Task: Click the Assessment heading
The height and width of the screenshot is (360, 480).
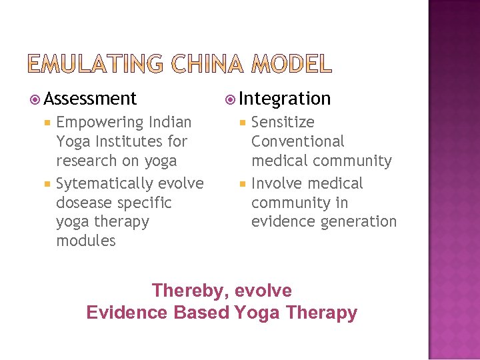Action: pyautogui.click(x=90, y=99)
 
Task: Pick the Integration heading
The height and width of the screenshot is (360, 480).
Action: pyautogui.click(x=285, y=99)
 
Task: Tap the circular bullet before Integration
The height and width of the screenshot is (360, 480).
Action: pyautogui.click(x=230, y=100)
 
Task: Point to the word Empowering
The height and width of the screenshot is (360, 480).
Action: pyautogui.click(x=100, y=123)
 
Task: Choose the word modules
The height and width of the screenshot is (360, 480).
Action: pyautogui.click(x=86, y=241)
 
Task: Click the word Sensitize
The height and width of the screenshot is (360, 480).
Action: pyautogui.click(x=283, y=123)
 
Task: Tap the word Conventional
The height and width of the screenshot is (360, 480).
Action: pyautogui.click(x=297, y=141)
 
